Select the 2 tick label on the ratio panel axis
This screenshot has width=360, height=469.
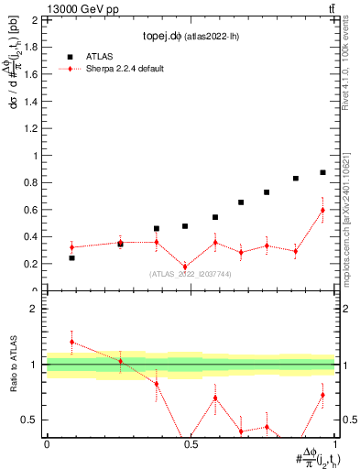click(34, 309)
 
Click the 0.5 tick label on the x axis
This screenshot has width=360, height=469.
click(191, 444)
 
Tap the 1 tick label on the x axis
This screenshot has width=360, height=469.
click(334, 444)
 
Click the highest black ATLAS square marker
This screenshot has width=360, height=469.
click(322, 172)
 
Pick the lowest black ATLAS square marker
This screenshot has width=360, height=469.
click(72, 258)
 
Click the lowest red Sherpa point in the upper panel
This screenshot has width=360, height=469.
click(185, 267)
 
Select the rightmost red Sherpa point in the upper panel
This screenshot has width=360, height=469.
click(322, 210)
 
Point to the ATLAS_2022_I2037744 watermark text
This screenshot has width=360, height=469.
click(191, 274)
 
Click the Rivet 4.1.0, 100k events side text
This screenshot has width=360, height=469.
click(352, 73)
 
